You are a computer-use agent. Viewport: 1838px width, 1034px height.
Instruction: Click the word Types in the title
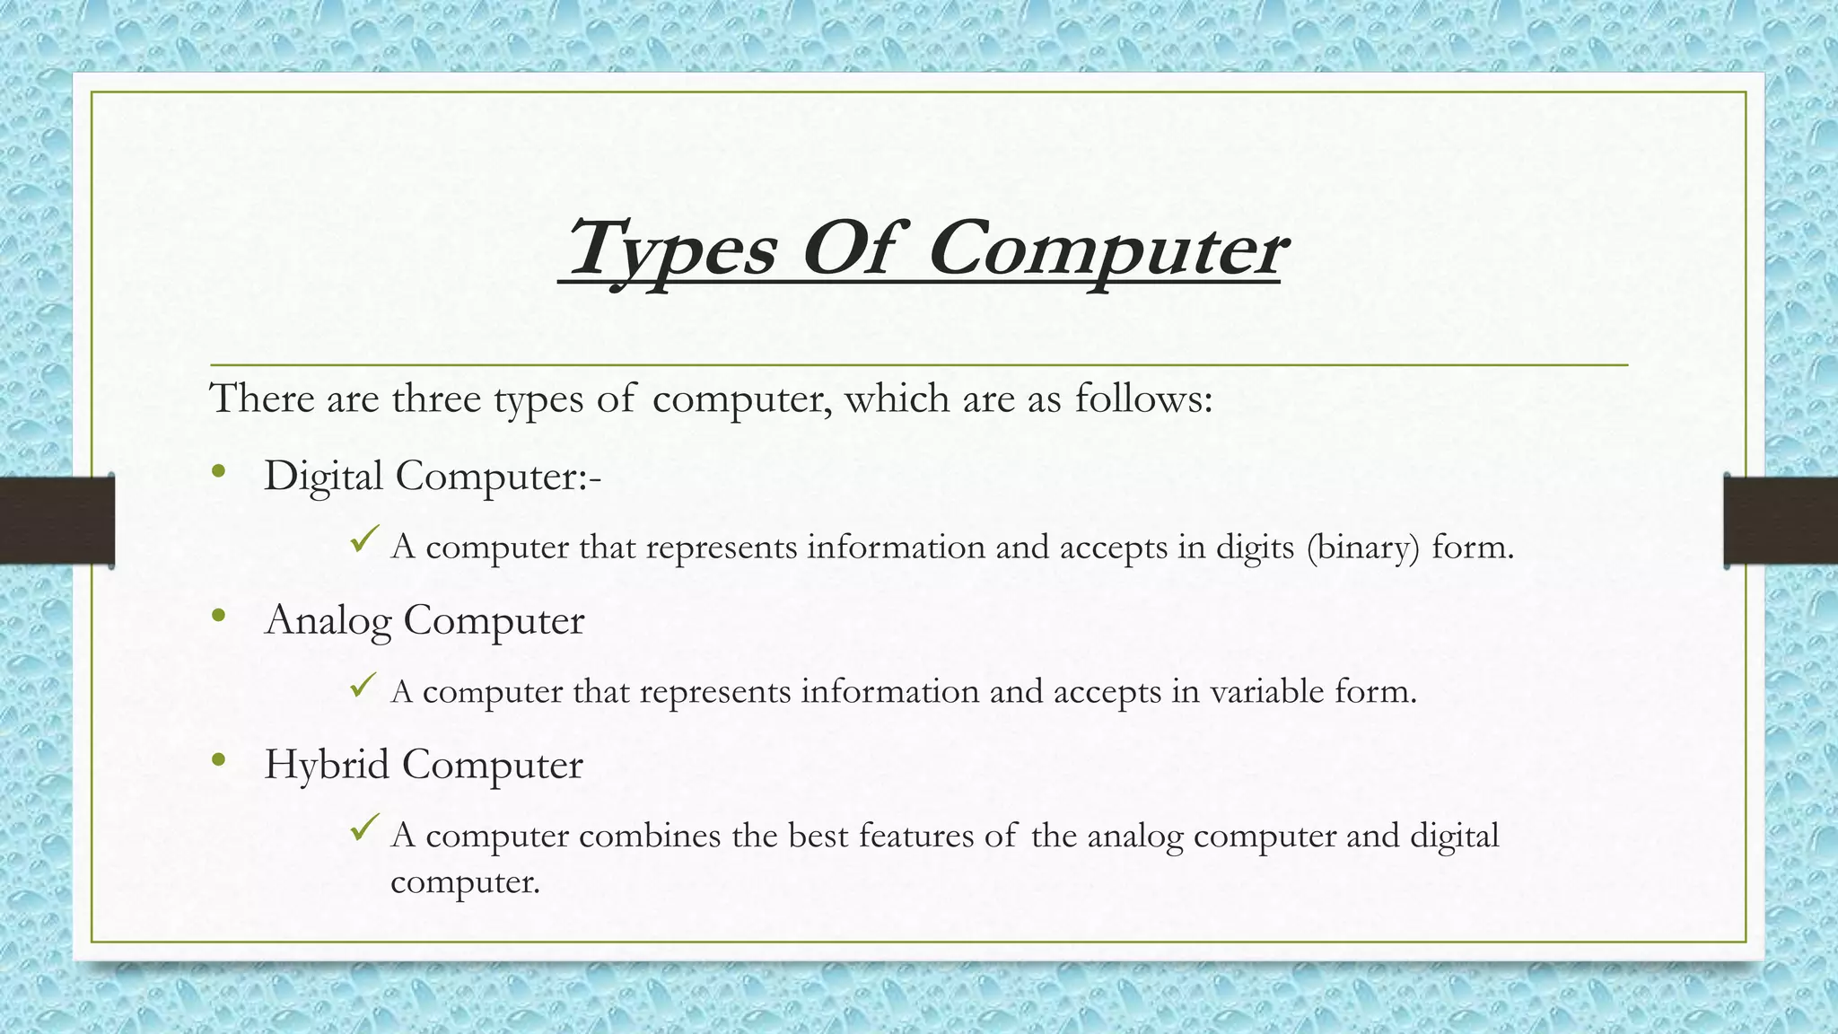[671, 250]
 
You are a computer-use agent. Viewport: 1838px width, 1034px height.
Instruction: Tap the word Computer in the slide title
[1107, 250]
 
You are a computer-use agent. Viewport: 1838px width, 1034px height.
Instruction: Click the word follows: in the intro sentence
[1143, 399]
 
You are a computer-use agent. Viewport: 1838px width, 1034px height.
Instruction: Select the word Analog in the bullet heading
[328, 621]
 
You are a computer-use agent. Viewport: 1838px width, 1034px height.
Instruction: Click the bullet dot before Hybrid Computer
[219, 761]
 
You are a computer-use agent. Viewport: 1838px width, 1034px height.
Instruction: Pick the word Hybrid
[327, 766]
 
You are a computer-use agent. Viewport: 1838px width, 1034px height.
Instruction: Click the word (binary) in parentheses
[1363, 548]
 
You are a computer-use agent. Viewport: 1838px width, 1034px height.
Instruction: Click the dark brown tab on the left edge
[57, 521]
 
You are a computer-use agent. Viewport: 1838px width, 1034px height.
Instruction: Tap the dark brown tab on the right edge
[1781, 521]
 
